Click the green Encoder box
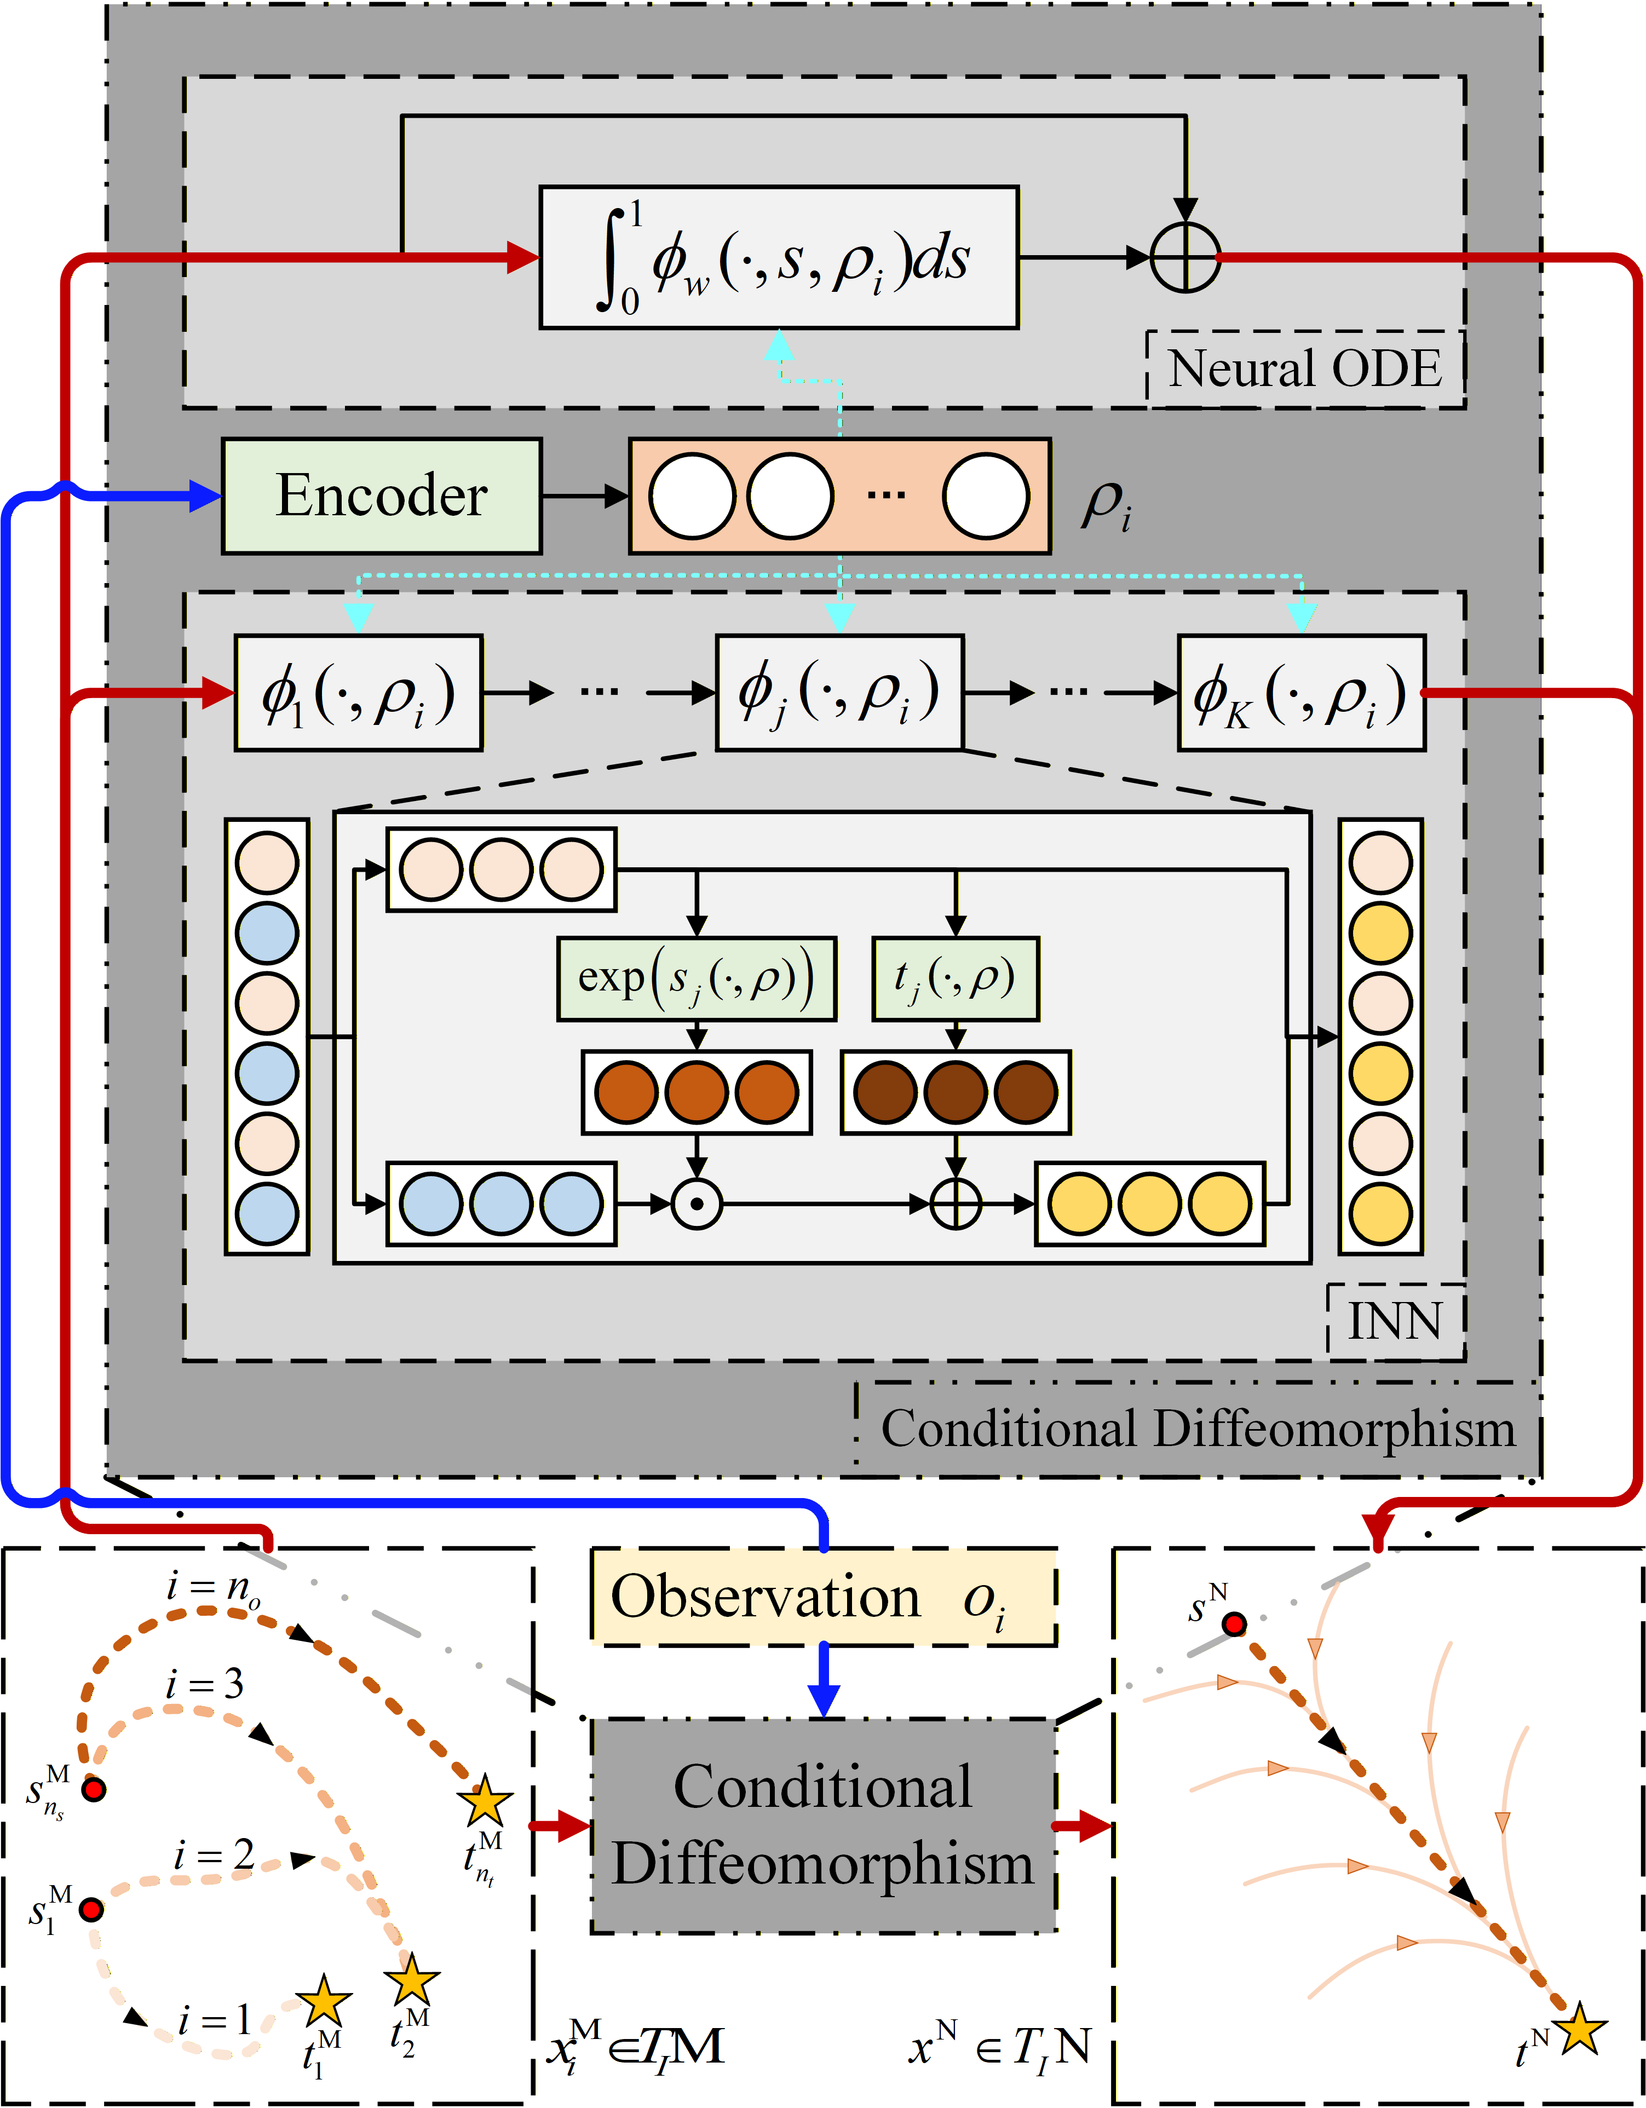click(x=381, y=496)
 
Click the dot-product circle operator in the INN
click(x=696, y=1203)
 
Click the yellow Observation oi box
click(x=822, y=1597)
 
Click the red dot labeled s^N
click(x=1234, y=1625)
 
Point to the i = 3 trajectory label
click(x=205, y=1684)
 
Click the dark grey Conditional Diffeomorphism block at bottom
click(x=822, y=1824)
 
